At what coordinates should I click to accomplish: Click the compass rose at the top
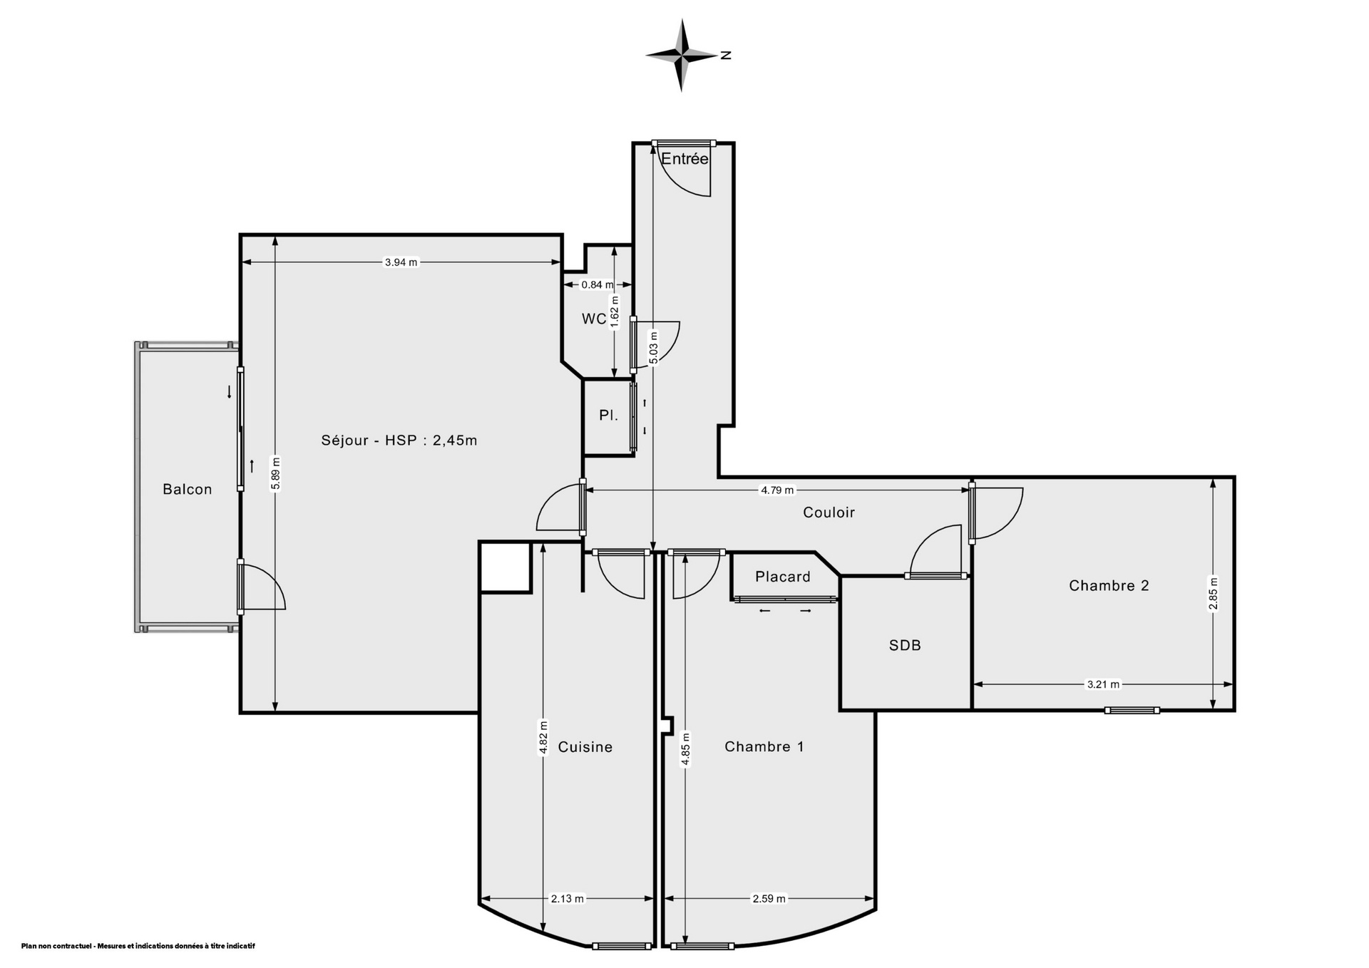coord(682,55)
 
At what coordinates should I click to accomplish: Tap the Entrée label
coord(684,159)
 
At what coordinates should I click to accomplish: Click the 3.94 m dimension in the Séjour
coord(401,262)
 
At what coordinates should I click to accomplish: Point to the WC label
coord(594,319)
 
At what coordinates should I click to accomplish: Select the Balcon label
coord(188,489)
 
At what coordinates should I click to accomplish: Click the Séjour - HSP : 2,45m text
coord(399,441)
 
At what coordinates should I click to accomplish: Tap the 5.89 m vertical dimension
coord(276,473)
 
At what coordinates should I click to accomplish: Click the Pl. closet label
coord(608,416)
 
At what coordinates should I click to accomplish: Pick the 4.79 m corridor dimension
coord(777,490)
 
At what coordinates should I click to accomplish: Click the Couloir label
coord(829,513)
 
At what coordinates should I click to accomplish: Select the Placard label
coord(783,577)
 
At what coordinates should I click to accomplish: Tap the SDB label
coord(905,646)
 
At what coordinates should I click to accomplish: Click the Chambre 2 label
coord(1109,586)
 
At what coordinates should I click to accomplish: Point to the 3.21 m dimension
coord(1103,685)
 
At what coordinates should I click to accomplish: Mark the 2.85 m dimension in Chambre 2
coord(1214,594)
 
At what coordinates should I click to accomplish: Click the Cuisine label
coord(585,747)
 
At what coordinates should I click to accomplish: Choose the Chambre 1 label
coord(764,747)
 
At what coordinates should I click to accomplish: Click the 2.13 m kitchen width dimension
coord(568,899)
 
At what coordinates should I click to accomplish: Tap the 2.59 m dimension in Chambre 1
coord(769,899)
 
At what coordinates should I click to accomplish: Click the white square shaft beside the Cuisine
coord(506,567)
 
